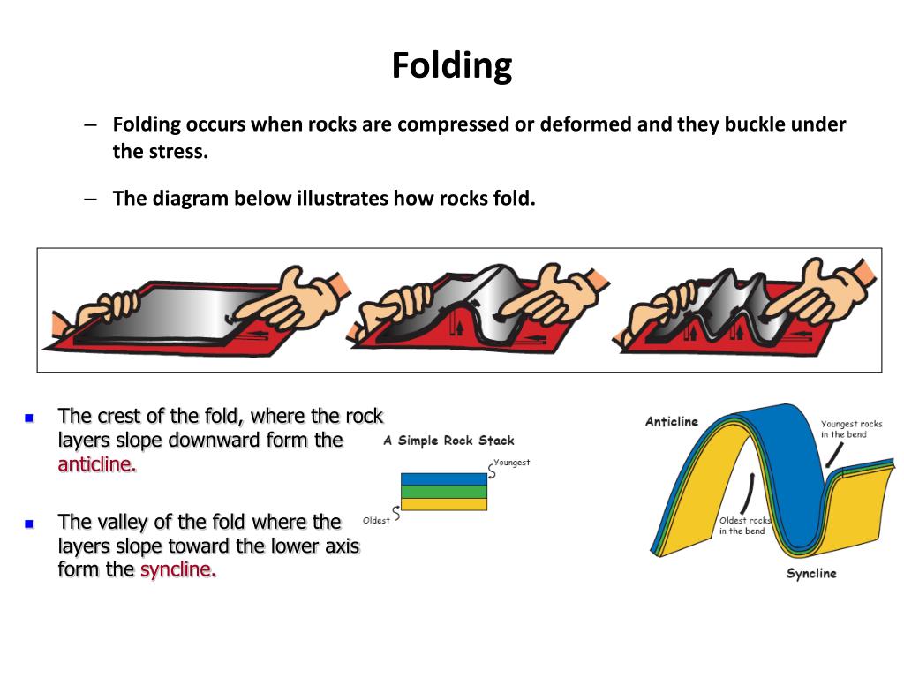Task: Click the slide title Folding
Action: click(452, 66)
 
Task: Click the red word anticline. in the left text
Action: click(97, 465)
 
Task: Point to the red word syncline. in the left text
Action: click(178, 569)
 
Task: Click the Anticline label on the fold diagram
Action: click(672, 421)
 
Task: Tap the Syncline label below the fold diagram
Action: click(811, 574)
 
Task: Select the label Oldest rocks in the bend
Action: click(744, 525)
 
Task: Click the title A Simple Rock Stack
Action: click(448, 441)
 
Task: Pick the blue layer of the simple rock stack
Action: click(443, 479)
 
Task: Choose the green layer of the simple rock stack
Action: click(443, 492)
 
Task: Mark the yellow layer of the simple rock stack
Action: click(443, 504)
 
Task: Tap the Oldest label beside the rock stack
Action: click(376, 521)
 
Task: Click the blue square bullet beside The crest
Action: click(29, 418)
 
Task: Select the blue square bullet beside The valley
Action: click(29, 524)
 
